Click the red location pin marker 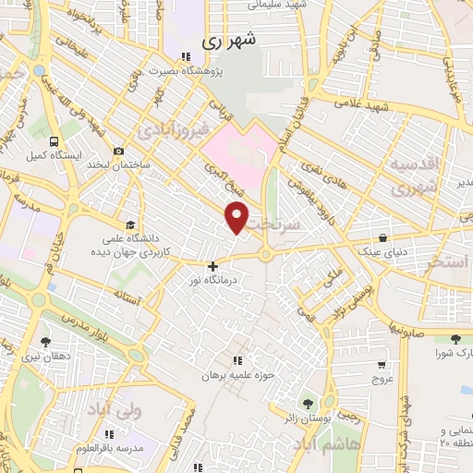tap(237, 217)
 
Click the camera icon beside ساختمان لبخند tap(118, 152)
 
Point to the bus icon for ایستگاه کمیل tap(54, 142)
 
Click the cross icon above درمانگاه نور tap(212, 266)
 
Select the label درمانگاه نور tap(212, 279)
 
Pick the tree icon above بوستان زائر tap(308, 402)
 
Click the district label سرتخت tap(301, 224)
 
